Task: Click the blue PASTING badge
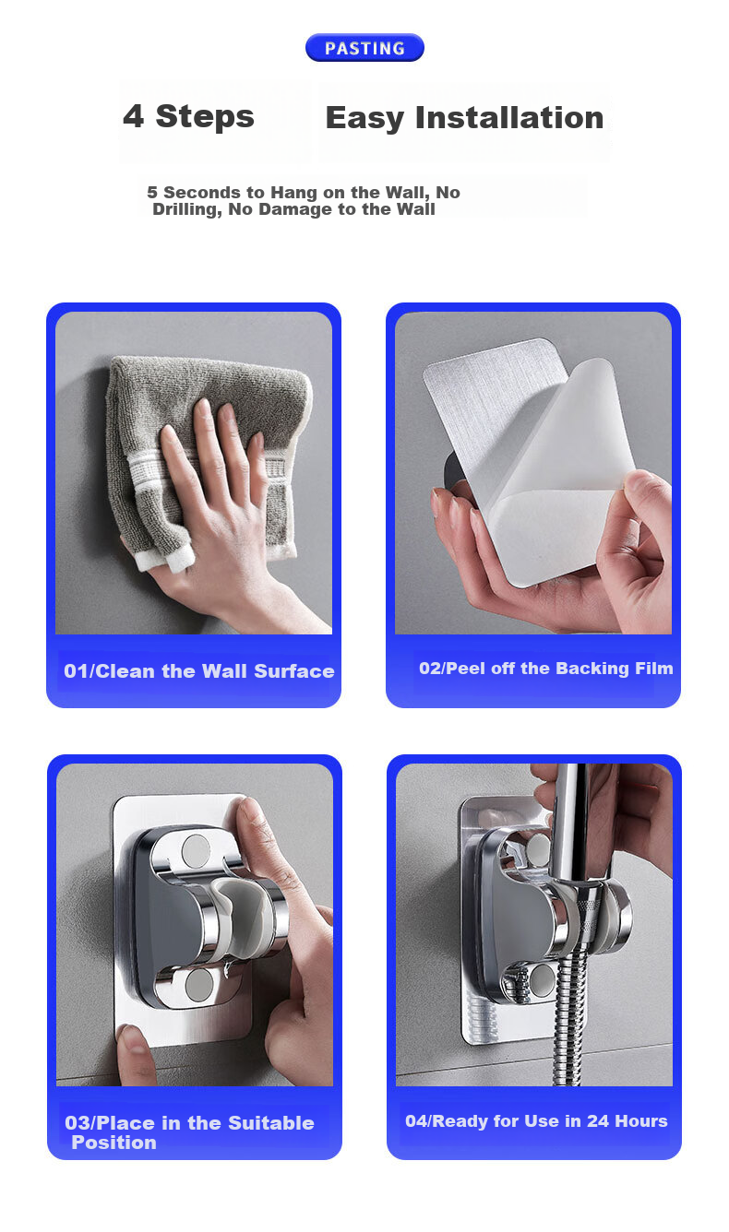pyautogui.click(x=364, y=48)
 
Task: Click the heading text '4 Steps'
pyautogui.click(x=189, y=116)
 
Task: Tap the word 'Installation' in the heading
pyautogui.click(x=509, y=118)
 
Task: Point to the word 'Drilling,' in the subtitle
pyautogui.click(x=187, y=209)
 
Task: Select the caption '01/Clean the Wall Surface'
pyautogui.click(x=198, y=671)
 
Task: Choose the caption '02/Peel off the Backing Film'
pyautogui.click(x=545, y=669)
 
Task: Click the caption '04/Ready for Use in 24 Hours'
pyautogui.click(x=536, y=1121)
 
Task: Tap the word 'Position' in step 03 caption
pyautogui.click(x=114, y=1143)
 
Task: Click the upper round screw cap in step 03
pyautogui.click(x=196, y=848)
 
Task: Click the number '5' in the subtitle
pyautogui.click(x=152, y=193)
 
